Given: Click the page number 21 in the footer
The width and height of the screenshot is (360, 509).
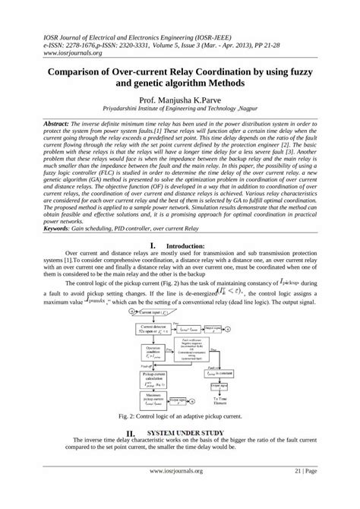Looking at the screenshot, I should coord(299,492).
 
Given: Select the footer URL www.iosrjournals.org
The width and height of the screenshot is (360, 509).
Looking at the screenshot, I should coord(180,492).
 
